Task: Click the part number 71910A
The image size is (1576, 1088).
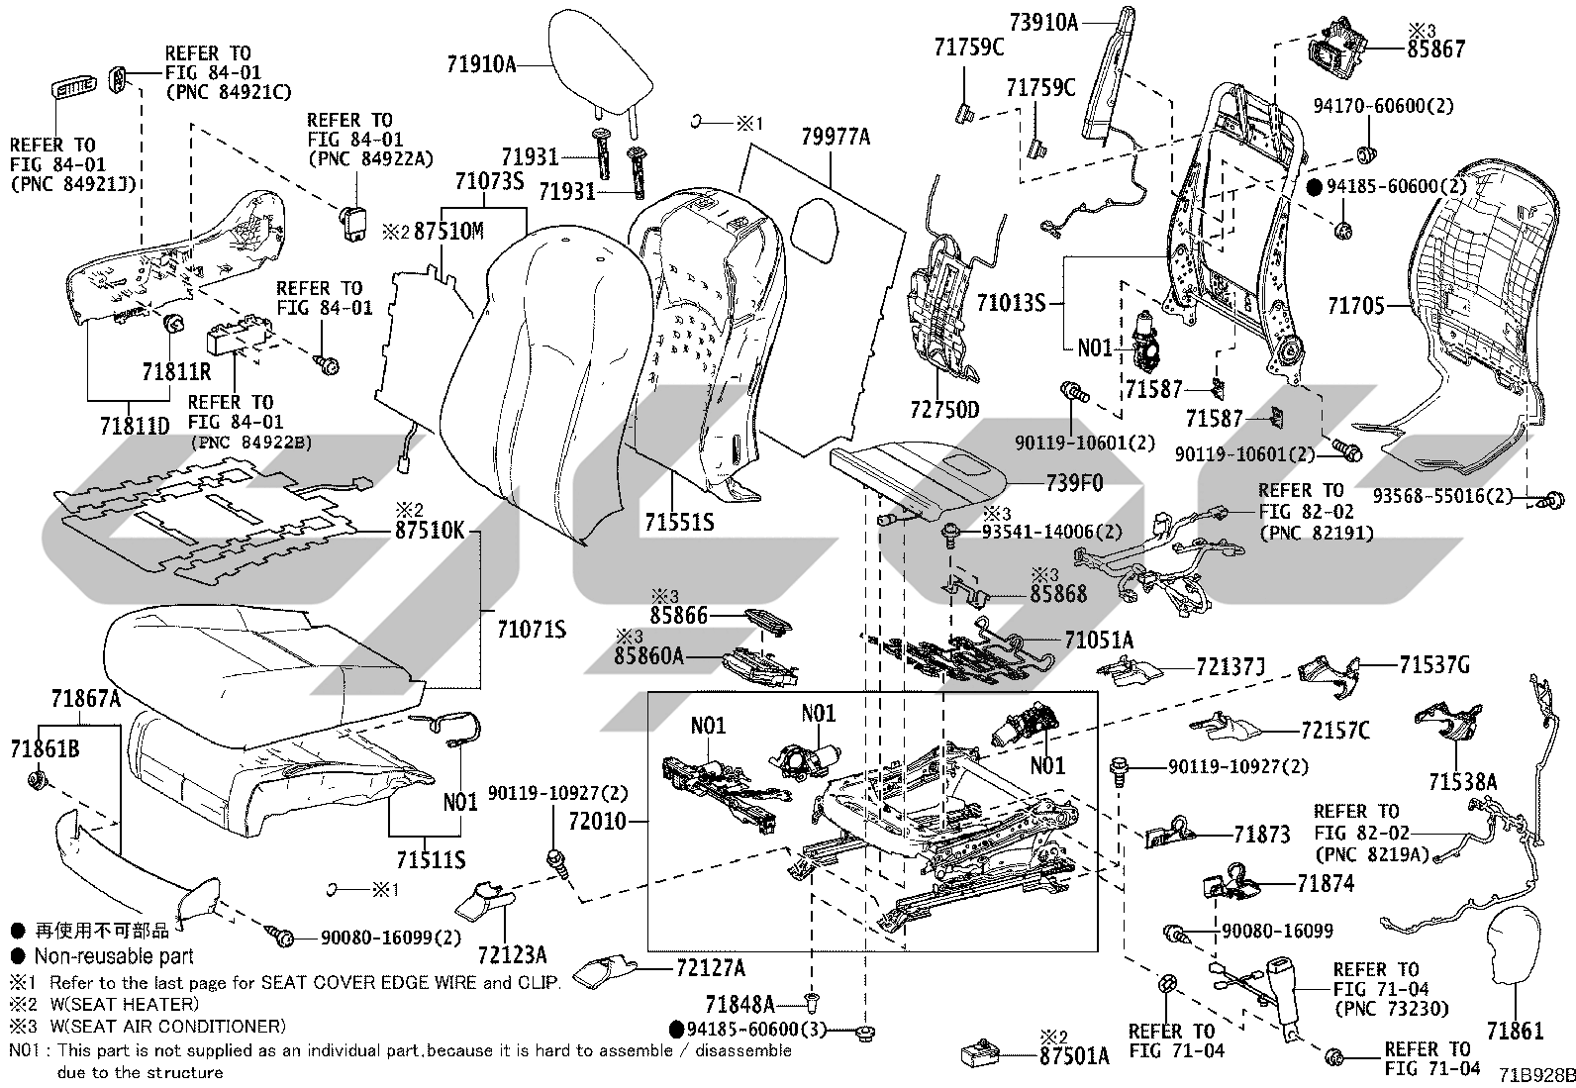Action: tap(481, 64)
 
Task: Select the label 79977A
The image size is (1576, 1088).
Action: tap(836, 137)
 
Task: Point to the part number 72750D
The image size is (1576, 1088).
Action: tap(944, 410)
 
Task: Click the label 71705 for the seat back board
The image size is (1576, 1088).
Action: tap(1356, 306)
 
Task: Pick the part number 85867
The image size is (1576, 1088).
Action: tap(1436, 49)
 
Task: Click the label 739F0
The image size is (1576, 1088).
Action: tap(1074, 483)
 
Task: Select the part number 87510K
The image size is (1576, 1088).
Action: tap(430, 530)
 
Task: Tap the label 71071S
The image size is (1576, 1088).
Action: tap(532, 629)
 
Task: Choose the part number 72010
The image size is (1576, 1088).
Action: tap(597, 821)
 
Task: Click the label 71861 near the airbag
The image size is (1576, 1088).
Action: tap(1515, 1031)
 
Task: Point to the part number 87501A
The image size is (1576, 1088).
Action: tap(1074, 1056)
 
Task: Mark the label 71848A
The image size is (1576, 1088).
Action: tap(740, 1004)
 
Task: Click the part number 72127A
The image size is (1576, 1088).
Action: tap(711, 968)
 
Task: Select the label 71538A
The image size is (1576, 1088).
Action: tap(1463, 782)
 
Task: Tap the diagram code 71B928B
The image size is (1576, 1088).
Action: tap(1536, 1076)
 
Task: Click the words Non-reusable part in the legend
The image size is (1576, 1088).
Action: tap(114, 955)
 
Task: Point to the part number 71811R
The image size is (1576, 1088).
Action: tap(176, 371)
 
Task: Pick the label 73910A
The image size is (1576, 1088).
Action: tap(1043, 23)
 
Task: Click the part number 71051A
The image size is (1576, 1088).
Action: tap(1099, 641)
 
